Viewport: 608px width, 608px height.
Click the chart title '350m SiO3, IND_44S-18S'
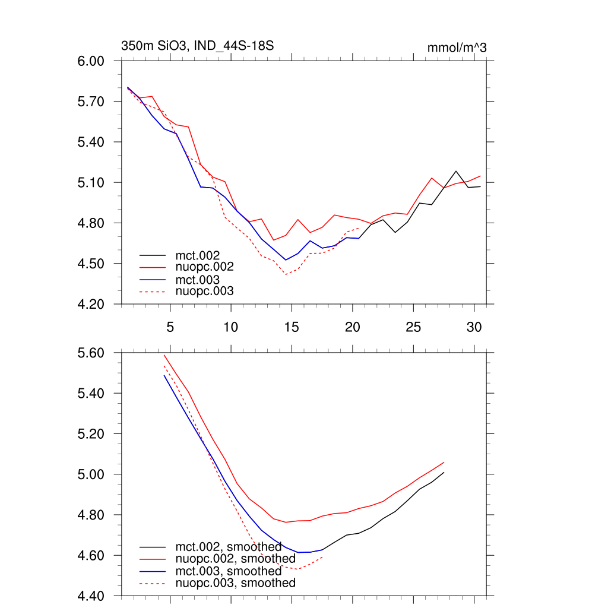tap(197, 46)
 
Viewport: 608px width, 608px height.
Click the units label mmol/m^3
tap(457, 47)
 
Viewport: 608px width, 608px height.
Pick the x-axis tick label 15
tap(292, 327)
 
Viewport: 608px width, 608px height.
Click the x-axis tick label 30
tap(474, 327)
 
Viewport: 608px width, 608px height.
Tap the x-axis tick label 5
tap(170, 327)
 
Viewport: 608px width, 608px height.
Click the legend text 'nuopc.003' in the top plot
tap(205, 291)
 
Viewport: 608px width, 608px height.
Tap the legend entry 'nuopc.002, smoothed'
tap(235, 559)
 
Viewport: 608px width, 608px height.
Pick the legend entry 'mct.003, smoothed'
tap(229, 571)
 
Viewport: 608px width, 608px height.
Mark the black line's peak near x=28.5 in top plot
tap(456, 171)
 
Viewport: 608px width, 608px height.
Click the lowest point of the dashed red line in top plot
tap(286, 274)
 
